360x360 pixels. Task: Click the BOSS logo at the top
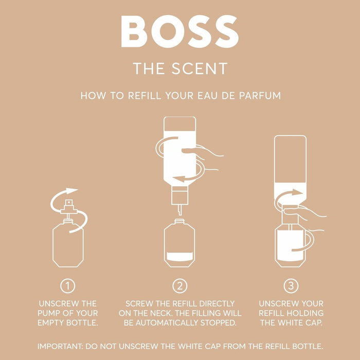point(180,32)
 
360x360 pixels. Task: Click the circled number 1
point(68,285)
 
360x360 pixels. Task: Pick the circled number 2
point(179,285)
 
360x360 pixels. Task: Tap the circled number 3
point(291,285)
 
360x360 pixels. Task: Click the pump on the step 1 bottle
point(68,208)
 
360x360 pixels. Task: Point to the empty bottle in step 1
point(68,244)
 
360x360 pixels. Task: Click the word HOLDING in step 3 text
point(306,313)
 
